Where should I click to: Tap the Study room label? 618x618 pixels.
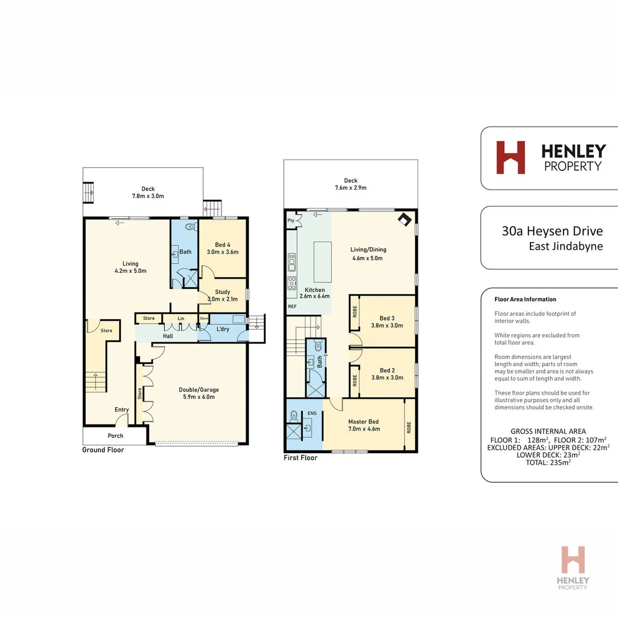pyautogui.click(x=222, y=292)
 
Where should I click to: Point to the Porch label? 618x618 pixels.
pyautogui.click(x=116, y=436)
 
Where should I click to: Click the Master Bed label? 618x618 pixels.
pyautogui.click(x=364, y=422)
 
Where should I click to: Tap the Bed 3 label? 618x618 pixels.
pyautogui.click(x=387, y=318)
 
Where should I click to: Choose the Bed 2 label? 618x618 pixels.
pyautogui.click(x=387, y=370)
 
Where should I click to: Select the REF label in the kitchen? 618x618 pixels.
pyautogui.click(x=292, y=307)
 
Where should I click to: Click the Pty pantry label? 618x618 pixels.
pyautogui.click(x=291, y=220)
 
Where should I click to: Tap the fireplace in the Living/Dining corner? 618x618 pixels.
pyautogui.click(x=405, y=220)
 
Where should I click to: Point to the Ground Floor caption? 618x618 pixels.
pyautogui.click(x=102, y=450)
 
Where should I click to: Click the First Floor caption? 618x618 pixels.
pyautogui.click(x=301, y=458)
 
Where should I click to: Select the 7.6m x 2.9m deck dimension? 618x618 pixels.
pyautogui.click(x=351, y=188)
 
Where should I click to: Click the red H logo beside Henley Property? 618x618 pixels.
pyautogui.click(x=510, y=157)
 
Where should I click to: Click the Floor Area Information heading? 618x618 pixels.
pyautogui.click(x=525, y=299)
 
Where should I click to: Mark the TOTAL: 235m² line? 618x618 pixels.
pyautogui.click(x=548, y=462)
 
